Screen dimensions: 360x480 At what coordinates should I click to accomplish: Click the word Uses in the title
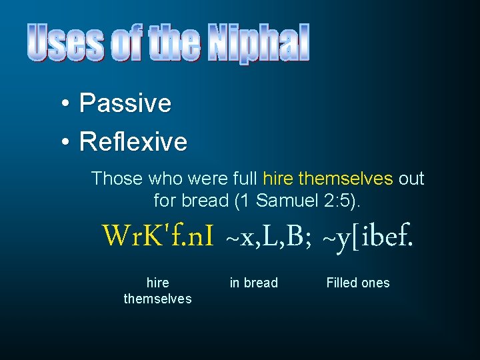(x=65, y=43)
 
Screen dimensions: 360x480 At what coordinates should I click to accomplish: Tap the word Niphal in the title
(x=259, y=43)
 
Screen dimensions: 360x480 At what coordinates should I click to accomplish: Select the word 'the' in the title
(x=175, y=43)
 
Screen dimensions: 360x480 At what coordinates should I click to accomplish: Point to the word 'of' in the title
(x=127, y=43)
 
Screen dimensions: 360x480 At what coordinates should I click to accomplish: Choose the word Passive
(x=125, y=103)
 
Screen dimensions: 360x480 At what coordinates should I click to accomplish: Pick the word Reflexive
(x=133, y=141)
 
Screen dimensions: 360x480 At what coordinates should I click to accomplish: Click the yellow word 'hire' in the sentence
(x=278, y=179)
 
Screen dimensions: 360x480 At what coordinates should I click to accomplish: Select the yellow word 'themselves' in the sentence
(x=346, y=179)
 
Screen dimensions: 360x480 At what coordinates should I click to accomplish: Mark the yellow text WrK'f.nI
(x=157, y=235)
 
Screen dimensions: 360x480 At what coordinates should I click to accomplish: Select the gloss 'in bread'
(x=253, y=283)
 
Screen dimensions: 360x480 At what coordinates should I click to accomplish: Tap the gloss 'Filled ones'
(x=358, y=283)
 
